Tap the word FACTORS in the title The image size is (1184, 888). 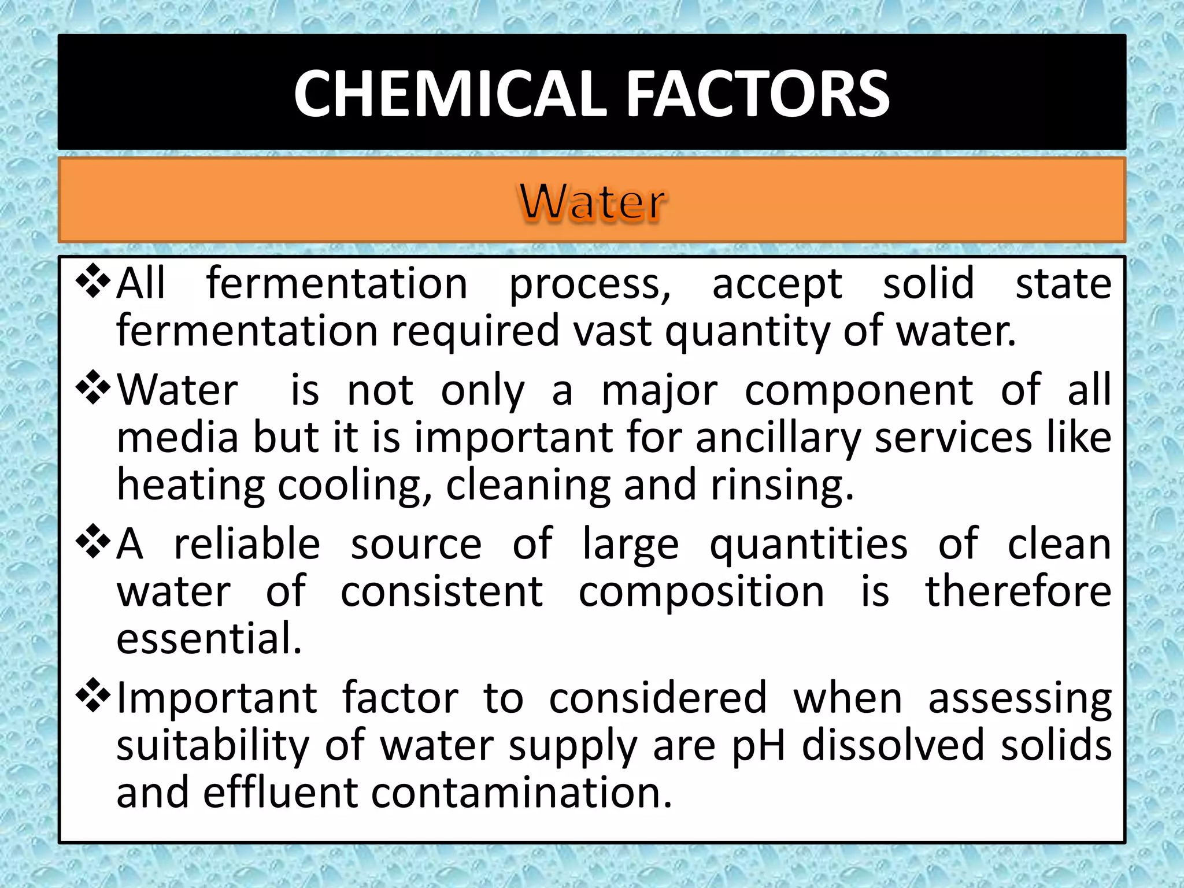pos(758,94)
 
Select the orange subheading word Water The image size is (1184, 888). pos(592,202)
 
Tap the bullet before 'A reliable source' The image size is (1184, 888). pos(93,542)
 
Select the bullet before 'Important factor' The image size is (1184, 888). pos(93,696)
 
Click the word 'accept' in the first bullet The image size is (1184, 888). pos(777,284)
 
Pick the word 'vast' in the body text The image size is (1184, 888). pos(613,331)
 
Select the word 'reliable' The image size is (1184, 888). pos(247,545)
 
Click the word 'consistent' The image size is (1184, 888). pos(442,592)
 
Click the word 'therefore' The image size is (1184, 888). pos(1019,592)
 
